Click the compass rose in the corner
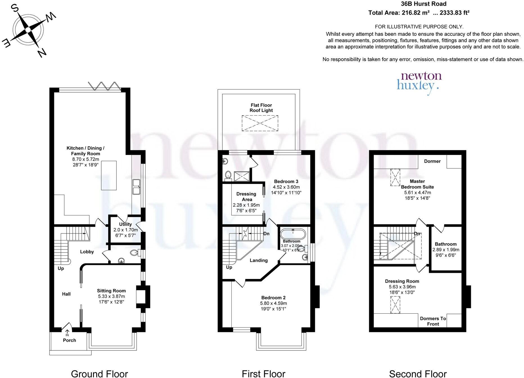pos(28,30)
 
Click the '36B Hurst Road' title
pos(423,4)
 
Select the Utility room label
pos(125,224)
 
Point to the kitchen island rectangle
pos(109,175)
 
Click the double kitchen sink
pos(137,187)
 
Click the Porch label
pos(69,340)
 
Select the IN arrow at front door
pos(67,333)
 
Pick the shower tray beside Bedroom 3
pos(241,176)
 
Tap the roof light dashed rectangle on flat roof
pos(260,123)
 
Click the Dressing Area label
pos(246,197)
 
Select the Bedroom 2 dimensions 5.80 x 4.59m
pos(274,303)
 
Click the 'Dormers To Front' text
pos(433,321)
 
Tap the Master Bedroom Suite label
pos(417,184)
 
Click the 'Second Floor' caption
pos(418,374)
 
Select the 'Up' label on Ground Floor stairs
pos(61,268)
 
